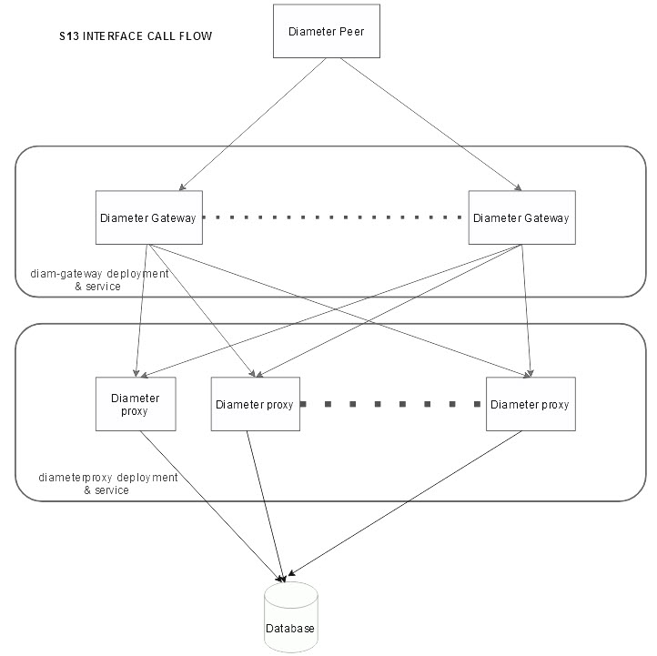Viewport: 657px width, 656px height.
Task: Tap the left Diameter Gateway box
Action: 149,217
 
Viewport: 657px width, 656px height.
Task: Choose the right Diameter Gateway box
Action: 521,217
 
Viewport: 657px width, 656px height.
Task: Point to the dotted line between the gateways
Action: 335,217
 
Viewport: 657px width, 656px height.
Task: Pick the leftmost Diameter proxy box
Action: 135,404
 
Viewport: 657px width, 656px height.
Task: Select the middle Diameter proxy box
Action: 254,404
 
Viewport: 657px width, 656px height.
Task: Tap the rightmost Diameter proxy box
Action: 530,404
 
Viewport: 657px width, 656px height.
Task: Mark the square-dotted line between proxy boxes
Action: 391,404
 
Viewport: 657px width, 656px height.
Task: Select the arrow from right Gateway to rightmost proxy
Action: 525,309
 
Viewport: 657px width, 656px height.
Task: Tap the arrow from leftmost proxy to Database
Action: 209,505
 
